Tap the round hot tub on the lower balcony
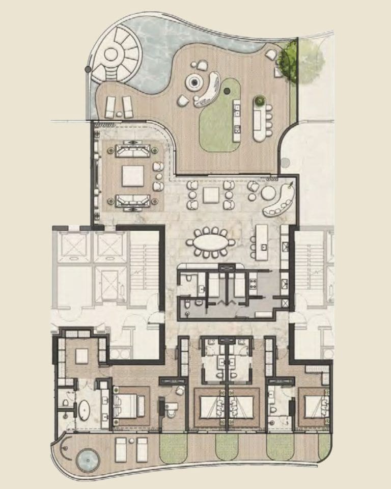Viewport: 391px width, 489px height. click(x=87, y=459)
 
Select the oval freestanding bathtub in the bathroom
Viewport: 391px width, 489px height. click(x=83, y=410)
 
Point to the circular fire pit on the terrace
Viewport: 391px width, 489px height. click(x=194, y=81)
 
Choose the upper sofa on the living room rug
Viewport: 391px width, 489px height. click(x=132, y=151)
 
